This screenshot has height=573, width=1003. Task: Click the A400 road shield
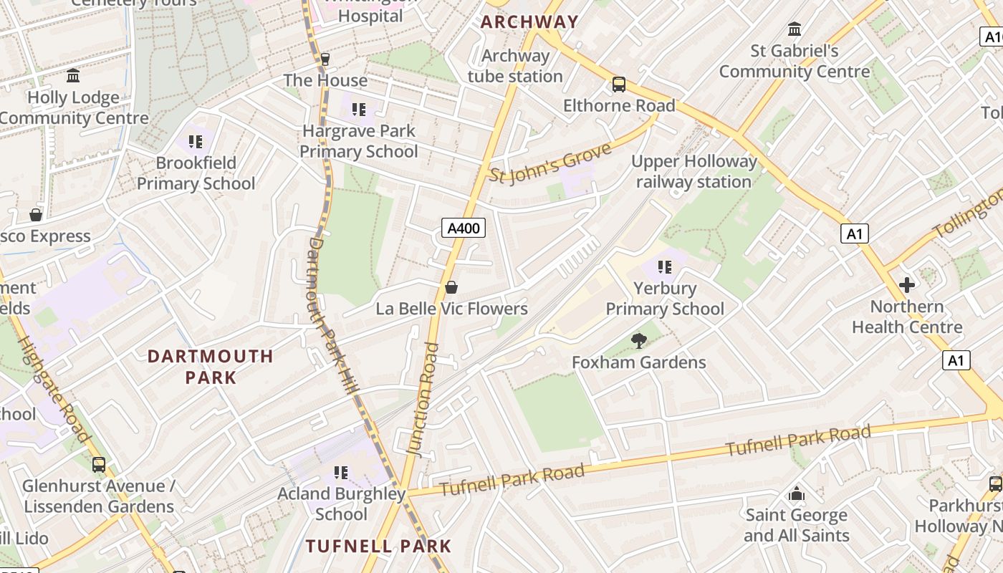[x=463, y=228]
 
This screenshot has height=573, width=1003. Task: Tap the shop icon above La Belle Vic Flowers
[x=451, y=287]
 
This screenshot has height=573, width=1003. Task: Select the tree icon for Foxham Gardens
[x=638, y=341]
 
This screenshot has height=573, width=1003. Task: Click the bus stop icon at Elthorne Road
[x=619, y=85]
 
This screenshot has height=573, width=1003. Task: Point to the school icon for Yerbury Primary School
[x=665, y=267]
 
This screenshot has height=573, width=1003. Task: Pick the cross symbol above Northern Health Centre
[x=907, y=285]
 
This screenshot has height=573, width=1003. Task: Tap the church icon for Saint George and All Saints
[x=796, y=493]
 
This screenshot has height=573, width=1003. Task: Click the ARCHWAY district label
[x=529, y=21]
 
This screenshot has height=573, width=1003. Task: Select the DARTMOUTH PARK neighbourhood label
[x=211, y=367]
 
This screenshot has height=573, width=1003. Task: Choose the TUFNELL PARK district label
[x=378, y=546]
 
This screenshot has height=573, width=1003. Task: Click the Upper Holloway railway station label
[x=694, y=172]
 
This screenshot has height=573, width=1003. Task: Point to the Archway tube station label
[x=515, y=66]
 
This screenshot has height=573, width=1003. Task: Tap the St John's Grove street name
[x=551, y=163]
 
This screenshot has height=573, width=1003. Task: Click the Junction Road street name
[x=423, y=398]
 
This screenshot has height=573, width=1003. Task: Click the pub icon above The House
[x=325, y=59]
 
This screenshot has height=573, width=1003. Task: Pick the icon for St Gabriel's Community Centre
[x=795, y=29]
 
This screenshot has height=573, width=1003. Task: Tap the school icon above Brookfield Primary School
[x=196, y=142]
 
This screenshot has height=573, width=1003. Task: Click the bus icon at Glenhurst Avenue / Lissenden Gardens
[x=99, y=465]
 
